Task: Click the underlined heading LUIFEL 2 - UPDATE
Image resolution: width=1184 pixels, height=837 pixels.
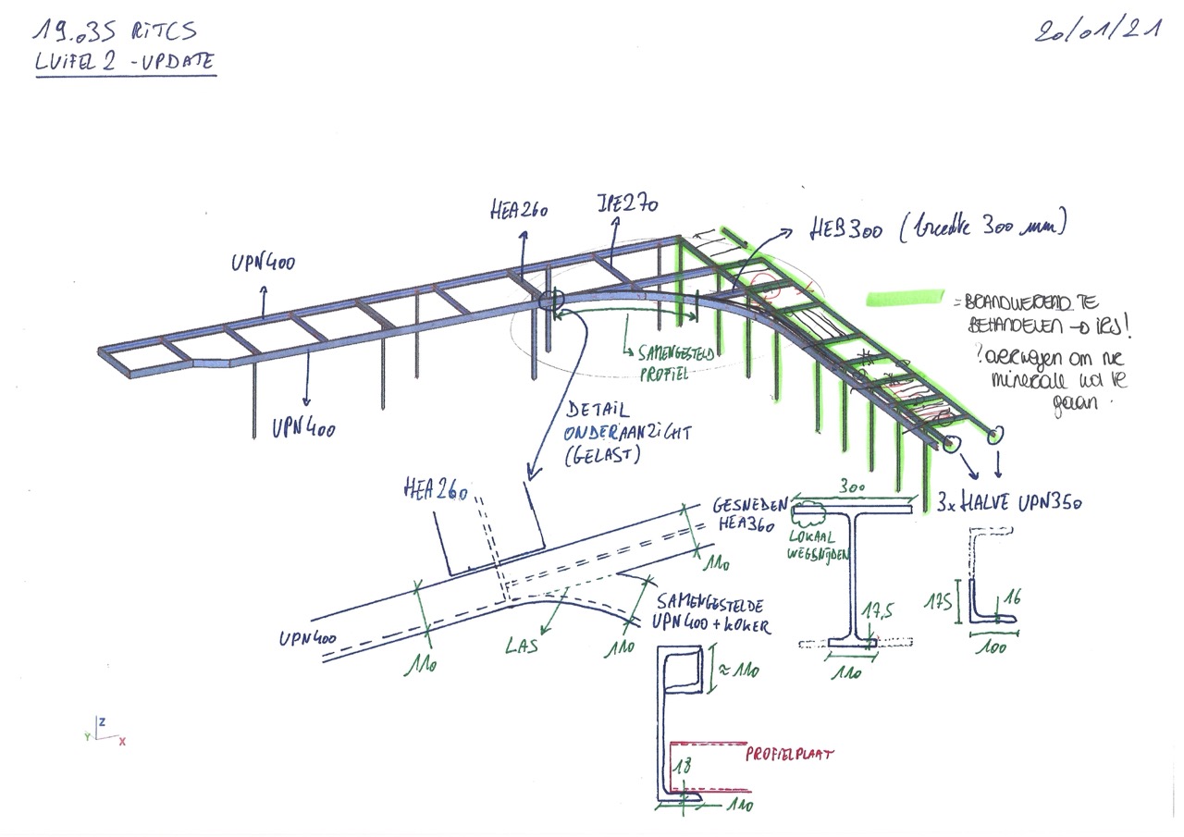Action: point(125,63)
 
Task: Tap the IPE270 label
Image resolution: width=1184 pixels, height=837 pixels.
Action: point(627,204)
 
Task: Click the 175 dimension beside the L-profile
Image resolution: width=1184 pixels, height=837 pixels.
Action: point(944,603)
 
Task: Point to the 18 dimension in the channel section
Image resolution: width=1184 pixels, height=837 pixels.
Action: point(682,767)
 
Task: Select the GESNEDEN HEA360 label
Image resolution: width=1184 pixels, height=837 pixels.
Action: point(751,514)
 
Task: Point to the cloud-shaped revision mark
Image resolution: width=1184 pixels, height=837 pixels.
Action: point(812,509)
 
